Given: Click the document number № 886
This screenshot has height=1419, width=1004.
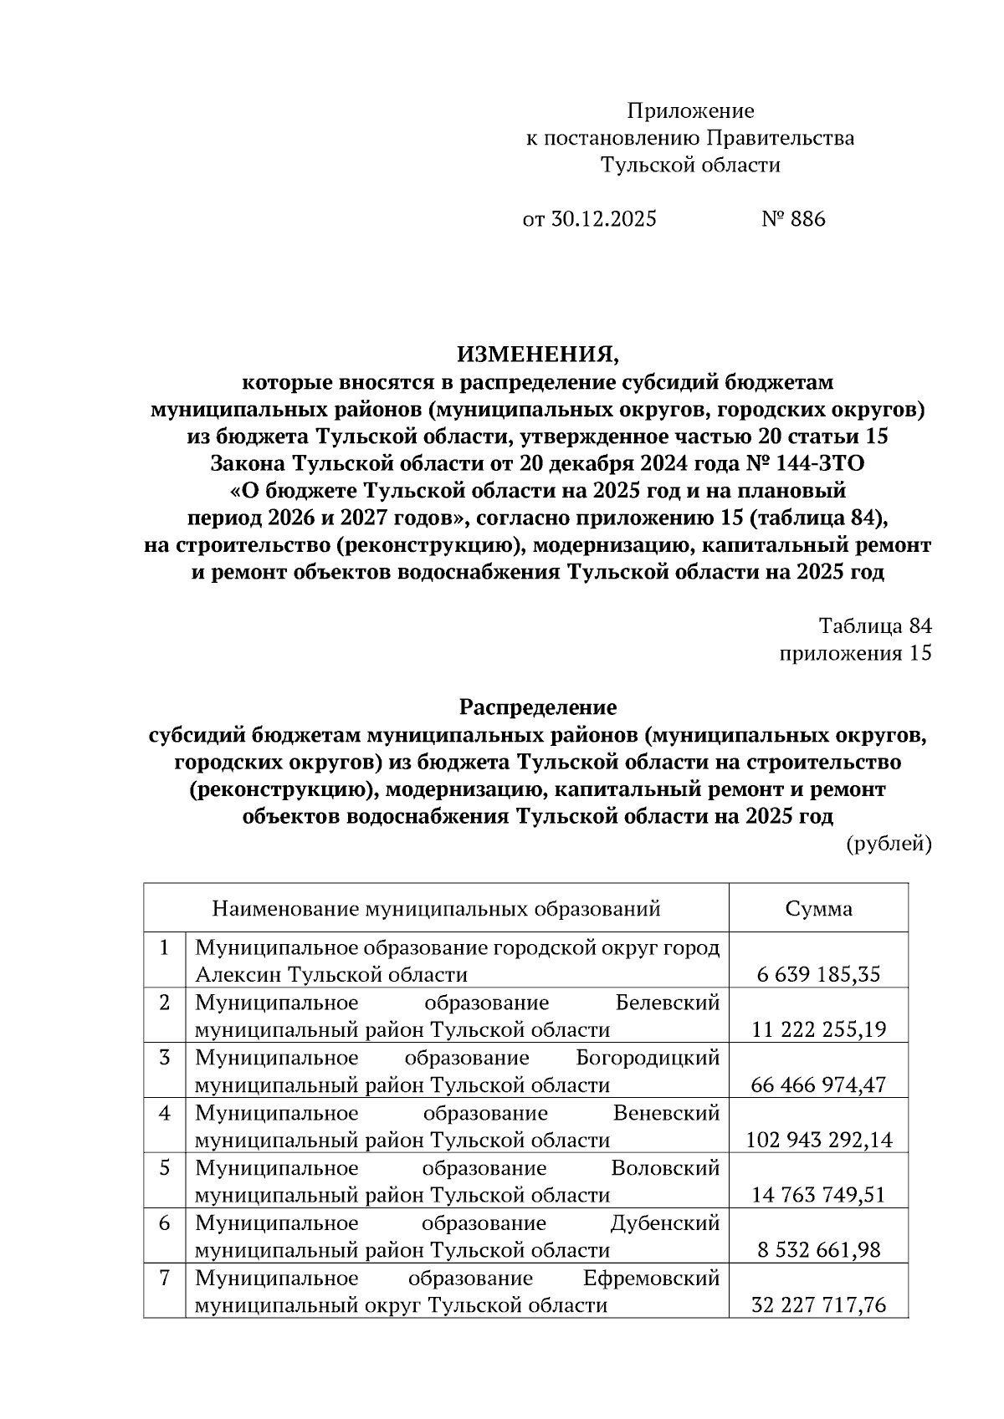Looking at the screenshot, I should (793, 219).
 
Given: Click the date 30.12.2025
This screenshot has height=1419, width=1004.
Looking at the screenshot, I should (602, 219).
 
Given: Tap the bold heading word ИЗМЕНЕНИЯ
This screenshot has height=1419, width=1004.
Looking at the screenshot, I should (538, 355).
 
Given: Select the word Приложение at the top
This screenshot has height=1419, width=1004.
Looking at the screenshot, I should (690, 111).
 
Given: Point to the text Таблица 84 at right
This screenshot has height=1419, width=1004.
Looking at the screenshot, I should (874, 626).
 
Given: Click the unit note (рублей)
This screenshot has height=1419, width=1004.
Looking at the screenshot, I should (889, 844).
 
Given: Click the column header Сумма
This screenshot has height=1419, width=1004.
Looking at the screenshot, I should (818, 908).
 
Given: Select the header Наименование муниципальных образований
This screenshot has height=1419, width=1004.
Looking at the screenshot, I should (436, 908).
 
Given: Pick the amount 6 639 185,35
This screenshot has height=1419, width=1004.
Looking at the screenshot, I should (818, 974).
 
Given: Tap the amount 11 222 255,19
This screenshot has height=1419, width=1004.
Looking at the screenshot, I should (818, 1029).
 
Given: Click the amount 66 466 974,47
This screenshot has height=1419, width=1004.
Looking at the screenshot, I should (818, 1085).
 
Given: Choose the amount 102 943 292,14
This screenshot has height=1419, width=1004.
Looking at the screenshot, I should (818, 1140).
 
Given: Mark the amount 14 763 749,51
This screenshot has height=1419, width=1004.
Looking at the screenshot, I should (818, 1195).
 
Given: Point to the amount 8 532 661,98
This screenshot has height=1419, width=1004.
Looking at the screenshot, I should (818, 1250).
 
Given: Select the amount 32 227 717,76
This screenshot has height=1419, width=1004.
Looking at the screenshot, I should (818, 1304).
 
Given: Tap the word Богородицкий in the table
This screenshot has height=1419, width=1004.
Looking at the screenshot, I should (648, 1058).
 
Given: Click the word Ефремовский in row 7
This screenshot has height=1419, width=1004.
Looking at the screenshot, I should (651, 1279).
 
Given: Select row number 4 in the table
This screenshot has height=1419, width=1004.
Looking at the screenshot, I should (165, 1113).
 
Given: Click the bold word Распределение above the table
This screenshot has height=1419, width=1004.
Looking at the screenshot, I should (538, 707).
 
